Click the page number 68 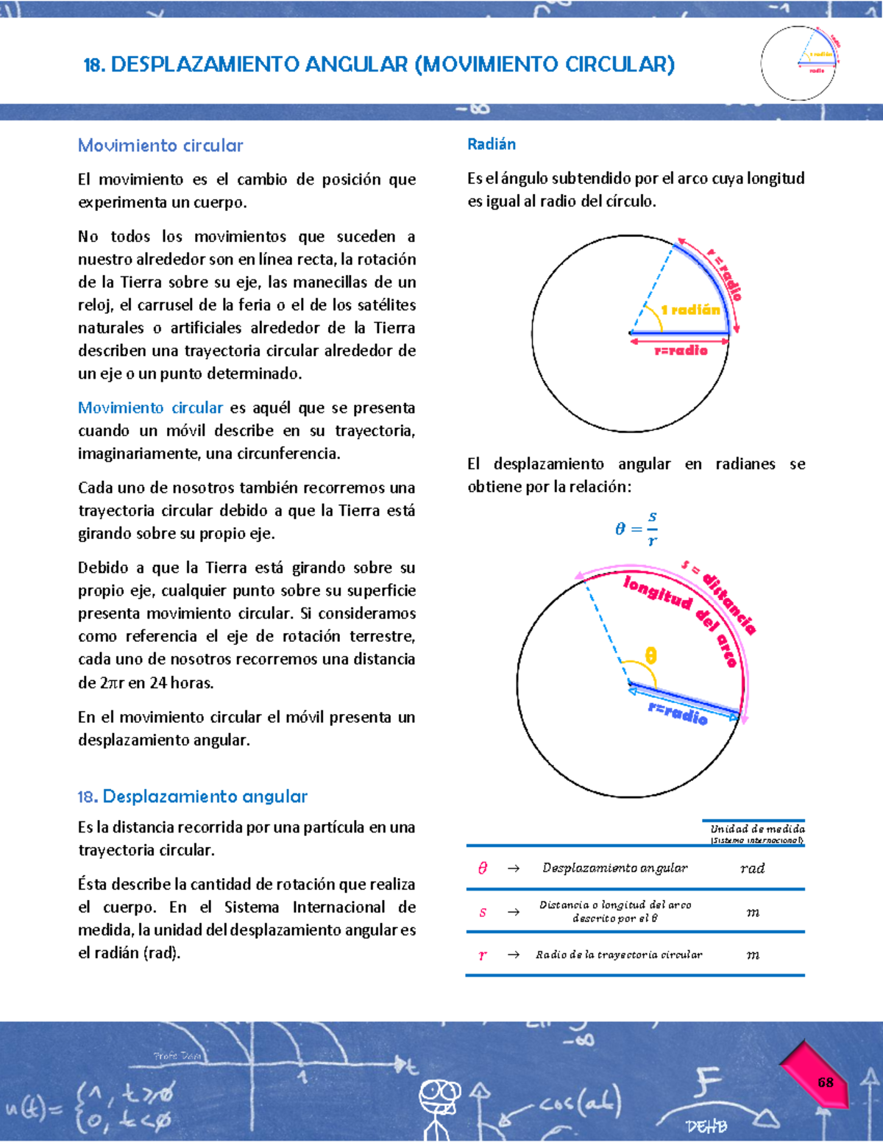(x=825, y=1082)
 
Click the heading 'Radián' (x=492, y=144)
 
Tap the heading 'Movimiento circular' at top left (x=160, y=146)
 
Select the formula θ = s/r (x=636, y=529)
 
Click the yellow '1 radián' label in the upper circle (x=690, y=310)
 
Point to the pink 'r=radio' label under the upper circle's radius (x=681, y=351)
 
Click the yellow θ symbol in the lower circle (x=650, y=655)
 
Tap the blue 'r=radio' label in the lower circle (x=678, y=712)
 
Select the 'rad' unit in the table (x=752, y=868)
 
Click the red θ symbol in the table (x=483, y=868)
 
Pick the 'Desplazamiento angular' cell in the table (x=614, y=868)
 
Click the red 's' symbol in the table (x=483, y=912)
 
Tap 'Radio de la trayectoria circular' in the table (x=619, y=954)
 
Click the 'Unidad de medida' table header (x=757, y=829)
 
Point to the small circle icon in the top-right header (x=798, y=63)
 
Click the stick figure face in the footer (x=439, y=1094)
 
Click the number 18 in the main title (x=93, y=65)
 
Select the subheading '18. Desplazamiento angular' (x=193, y=796)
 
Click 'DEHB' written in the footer (x=706, y=1126)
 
